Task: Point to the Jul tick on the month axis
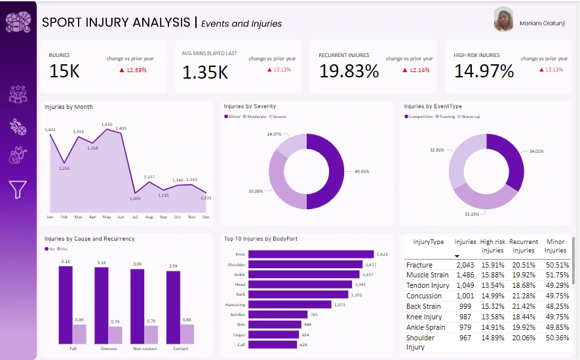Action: tap(135, 216)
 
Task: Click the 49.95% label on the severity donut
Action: tap(361, 171)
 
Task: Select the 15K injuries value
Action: tap(64, 71)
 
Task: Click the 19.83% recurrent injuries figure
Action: tap(349, 71)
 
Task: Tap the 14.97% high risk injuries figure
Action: tap(484, 71)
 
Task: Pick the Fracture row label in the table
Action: tap(419, 265)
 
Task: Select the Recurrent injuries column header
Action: tap(524, 246)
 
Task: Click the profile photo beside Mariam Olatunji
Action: tap(503, 20)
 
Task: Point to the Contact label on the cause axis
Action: tap(180, 348)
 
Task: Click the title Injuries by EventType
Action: tap(433, 106)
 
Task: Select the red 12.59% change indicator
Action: tap(133, 70)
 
